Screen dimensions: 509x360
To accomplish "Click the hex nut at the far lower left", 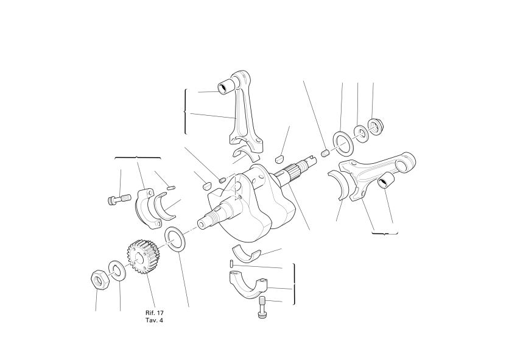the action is click(100, 279).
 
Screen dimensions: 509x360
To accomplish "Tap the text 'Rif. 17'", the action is click(155, 313).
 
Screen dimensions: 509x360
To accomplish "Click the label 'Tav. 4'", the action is click(154, 320).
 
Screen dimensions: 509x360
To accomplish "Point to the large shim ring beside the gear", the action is click(175, 240).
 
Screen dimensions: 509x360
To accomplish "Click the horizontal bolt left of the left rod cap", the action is click(119, 199).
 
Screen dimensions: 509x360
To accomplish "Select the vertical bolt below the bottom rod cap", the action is click(262, 307).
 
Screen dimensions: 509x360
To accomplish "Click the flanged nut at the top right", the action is click(375, 127).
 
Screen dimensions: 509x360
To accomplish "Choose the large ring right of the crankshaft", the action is click(343, 143).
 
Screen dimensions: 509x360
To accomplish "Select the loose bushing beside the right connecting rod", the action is click(386, 181).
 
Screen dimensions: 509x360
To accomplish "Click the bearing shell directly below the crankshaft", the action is click(246, 253).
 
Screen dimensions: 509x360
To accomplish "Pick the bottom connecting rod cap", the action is click(248, 285).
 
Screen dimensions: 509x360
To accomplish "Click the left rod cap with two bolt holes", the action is click(147, 208).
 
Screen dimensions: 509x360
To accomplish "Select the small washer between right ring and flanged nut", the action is click(361, 133).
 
